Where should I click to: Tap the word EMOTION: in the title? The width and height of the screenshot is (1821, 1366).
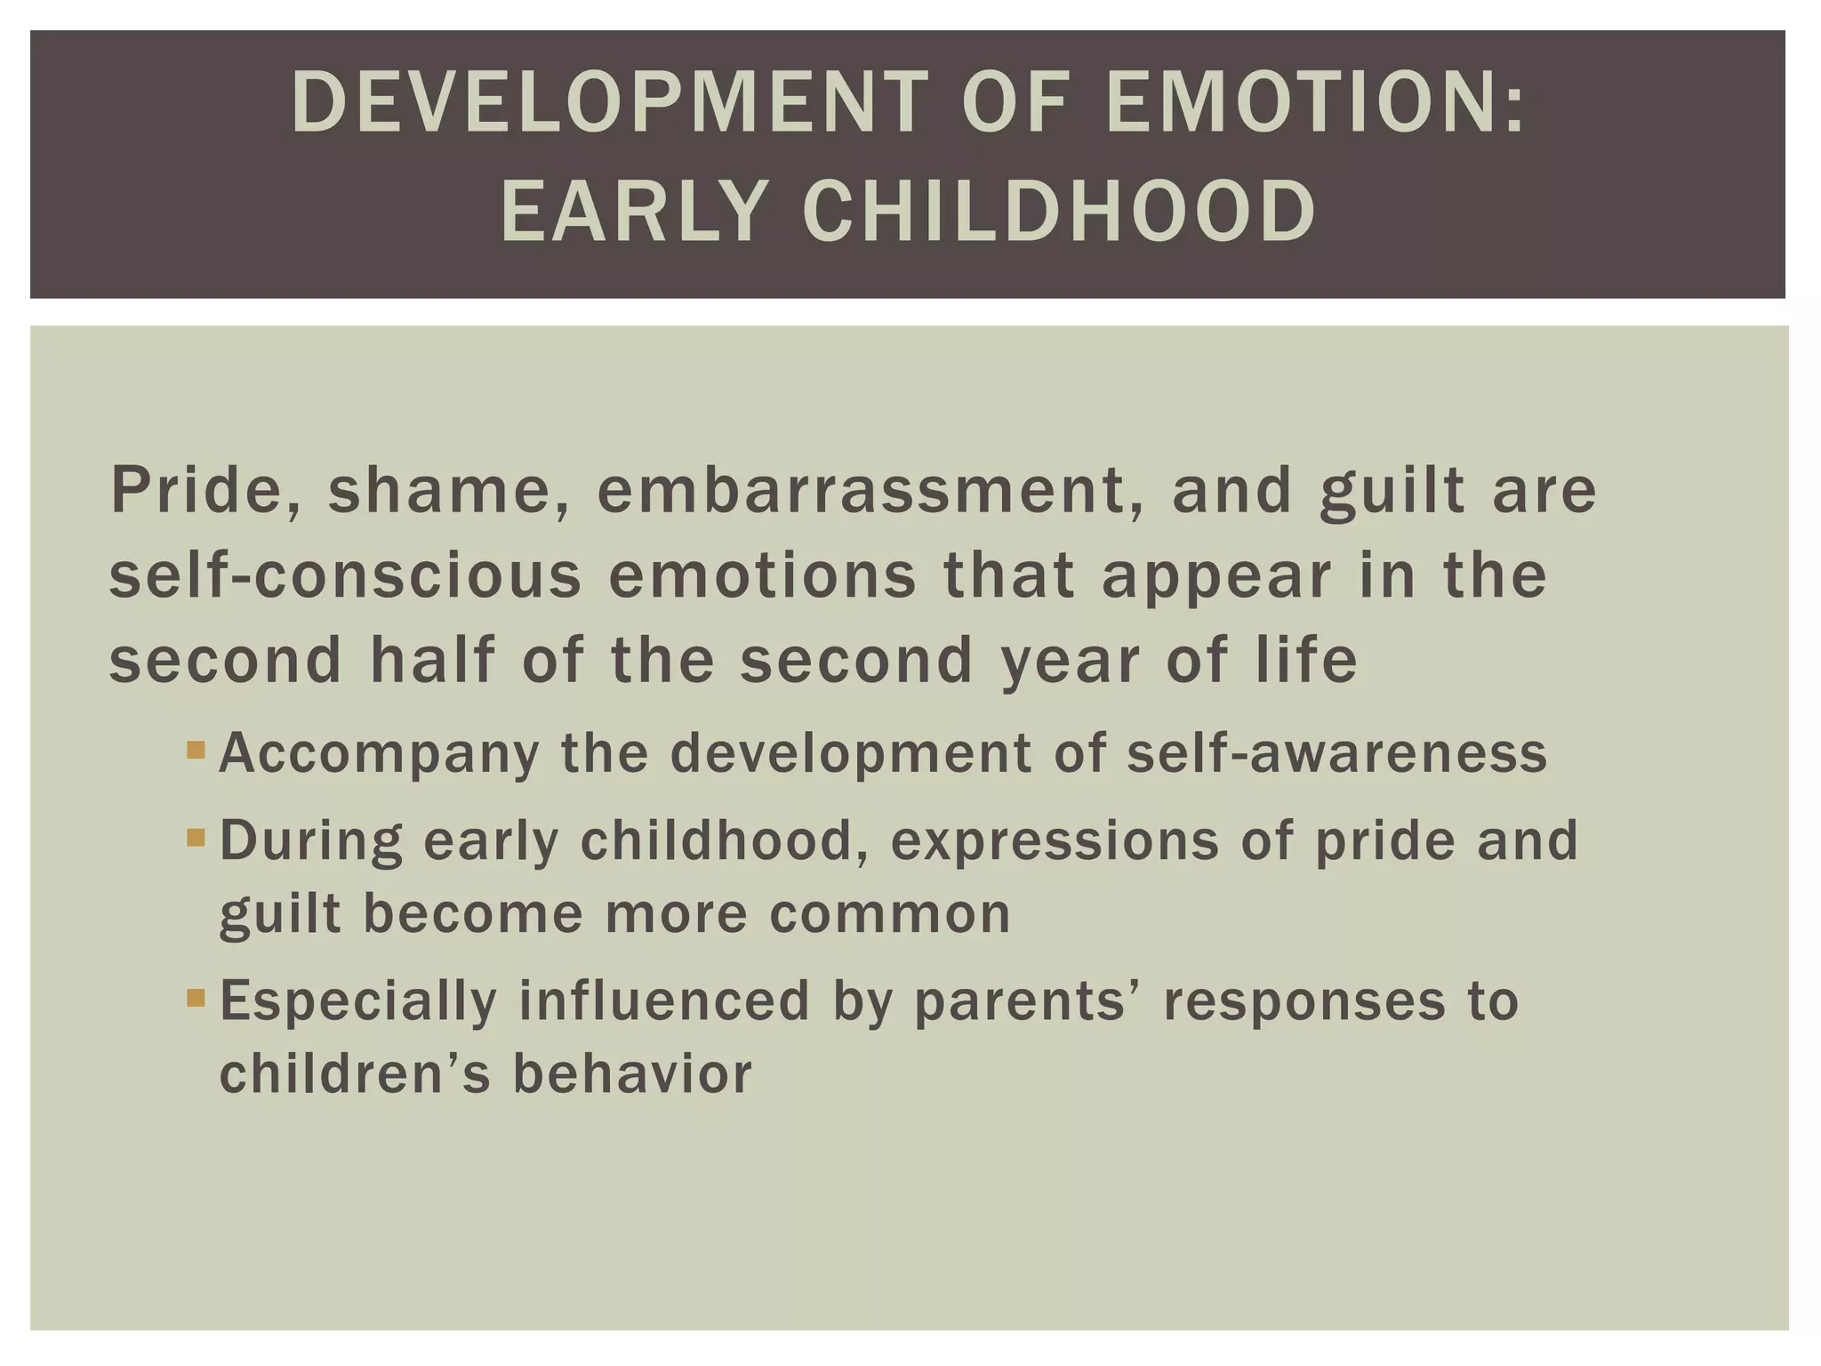tap(1315, 104)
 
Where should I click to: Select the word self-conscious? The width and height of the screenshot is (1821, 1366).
tap(345, 576)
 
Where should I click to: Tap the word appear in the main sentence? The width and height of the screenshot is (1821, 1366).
tap(1216, 576)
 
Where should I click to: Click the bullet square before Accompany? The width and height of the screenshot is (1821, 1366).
tap(197, 750)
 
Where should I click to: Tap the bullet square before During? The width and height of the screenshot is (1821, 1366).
tap(197, 838)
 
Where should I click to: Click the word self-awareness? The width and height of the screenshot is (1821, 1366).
tap(1336, 754)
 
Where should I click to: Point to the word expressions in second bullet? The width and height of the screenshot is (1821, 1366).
tap(1055, 841)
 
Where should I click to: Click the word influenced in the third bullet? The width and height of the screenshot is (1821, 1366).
tap(664, 1001)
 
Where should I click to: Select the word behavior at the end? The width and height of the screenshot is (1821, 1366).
tap(632, 1074)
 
